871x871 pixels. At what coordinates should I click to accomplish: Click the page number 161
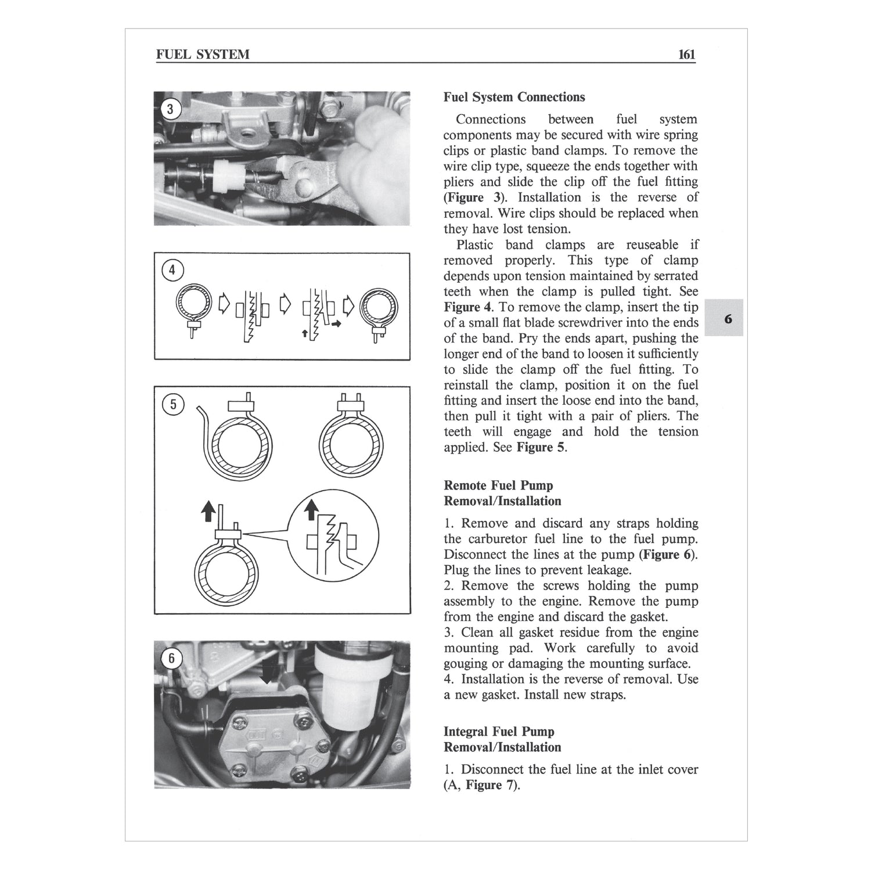coord(686,55)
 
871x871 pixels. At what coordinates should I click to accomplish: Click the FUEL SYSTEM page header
coord(203,55)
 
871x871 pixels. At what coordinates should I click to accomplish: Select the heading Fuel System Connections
coord(514,97)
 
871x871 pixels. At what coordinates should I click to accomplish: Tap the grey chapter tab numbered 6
coord(727,318)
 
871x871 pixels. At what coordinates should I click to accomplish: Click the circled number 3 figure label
coord(171,109)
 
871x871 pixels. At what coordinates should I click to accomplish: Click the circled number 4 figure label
coord(171,270)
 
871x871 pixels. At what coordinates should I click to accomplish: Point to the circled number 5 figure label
coord(172,404)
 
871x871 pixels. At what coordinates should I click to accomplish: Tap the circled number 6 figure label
coord(171,658)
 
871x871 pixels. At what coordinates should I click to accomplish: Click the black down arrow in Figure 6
coord(267,675)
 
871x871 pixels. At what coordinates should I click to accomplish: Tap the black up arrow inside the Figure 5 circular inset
coord(312,509)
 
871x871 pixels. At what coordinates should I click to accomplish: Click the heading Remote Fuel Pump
coord(498,485)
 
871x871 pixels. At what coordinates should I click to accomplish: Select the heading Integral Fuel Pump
coord(499,732)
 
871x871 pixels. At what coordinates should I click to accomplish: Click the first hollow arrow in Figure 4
coord(224,303)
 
